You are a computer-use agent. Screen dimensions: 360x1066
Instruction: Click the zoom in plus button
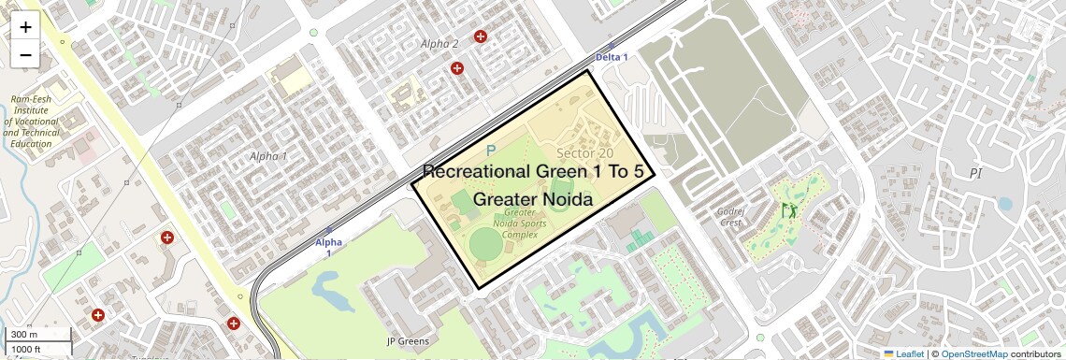[25, 26]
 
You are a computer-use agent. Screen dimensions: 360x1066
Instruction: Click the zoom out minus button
[25, 55]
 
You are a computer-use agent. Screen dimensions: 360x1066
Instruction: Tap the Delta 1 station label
[612, 57]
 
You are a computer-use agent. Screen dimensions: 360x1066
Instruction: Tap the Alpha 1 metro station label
[328, 247]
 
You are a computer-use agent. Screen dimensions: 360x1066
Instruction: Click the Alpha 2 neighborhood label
[439, 44]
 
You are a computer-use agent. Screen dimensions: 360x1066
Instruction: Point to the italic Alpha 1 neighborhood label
[268, 156]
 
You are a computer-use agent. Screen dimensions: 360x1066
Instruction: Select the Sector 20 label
[584, 153]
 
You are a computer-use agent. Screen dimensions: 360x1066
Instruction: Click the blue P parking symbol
[490, 151]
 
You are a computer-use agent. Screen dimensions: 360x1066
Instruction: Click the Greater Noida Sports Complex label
[520, 223]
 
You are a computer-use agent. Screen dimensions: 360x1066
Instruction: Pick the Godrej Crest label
[729, 217]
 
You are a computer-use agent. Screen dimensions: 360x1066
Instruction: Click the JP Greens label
[408, 341]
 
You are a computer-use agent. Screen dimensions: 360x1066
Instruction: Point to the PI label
[976, 174]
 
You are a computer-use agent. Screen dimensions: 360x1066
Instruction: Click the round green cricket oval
[485, 245]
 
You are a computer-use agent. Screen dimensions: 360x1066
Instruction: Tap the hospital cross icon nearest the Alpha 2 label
[481, 36]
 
